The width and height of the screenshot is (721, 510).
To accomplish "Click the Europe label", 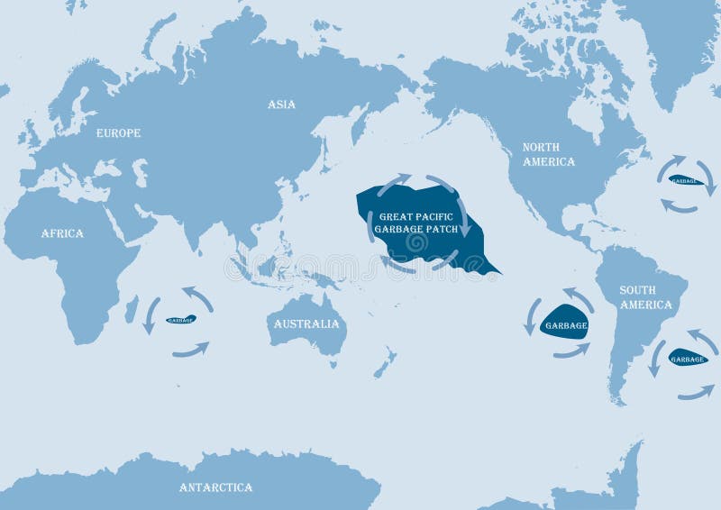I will pos(119,133).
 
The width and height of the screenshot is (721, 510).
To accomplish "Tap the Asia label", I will pos(281,105).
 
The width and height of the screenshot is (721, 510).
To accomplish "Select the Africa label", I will pos(62,233).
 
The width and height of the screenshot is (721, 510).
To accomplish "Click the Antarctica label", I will pos(215,487).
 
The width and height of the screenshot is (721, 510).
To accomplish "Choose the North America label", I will pos(549,154).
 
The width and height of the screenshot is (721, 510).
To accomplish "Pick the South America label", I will pos(645,297).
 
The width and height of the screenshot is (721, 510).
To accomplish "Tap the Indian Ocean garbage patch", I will pos(181,320).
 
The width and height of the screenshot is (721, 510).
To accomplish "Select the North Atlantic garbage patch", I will pos(687,180).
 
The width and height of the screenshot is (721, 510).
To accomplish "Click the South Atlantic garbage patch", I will pos(688,358).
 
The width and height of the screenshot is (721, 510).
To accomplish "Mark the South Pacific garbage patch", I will pos(564,325).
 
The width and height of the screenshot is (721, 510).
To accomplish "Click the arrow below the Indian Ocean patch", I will pos(190,349).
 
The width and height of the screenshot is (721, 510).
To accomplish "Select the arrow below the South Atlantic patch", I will pos(696,392).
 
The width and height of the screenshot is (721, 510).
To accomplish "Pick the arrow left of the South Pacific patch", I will pos(532,316).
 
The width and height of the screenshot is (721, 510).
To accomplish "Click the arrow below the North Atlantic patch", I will pos(679,207).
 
